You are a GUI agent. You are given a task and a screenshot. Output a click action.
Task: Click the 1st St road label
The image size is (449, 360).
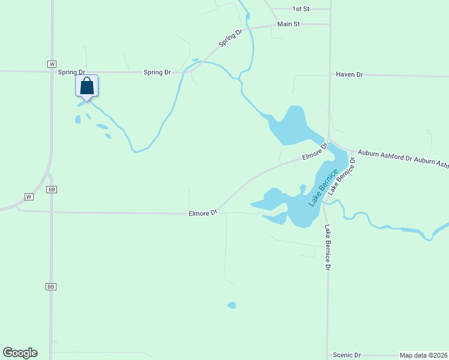300,9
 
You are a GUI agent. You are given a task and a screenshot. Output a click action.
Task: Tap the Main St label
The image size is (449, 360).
288,24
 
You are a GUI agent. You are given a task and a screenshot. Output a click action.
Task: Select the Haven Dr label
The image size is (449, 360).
349,74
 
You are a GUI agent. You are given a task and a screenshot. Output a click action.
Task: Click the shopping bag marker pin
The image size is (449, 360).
86,86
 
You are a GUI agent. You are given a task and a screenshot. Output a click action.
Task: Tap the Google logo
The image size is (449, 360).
20,353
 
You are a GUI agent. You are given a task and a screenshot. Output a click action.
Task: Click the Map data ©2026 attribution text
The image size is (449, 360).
423,355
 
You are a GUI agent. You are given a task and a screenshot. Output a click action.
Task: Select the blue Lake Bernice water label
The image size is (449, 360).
320,188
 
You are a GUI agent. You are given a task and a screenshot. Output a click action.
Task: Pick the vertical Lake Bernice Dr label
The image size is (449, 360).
328,247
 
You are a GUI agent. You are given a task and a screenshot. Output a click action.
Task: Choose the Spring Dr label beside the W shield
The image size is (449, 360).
72,72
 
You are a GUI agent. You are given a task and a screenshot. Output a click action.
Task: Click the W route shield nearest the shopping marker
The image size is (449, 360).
52,64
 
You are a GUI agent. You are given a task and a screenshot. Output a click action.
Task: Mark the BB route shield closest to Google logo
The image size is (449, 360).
50,287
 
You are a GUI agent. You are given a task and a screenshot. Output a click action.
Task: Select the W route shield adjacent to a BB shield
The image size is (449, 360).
28,197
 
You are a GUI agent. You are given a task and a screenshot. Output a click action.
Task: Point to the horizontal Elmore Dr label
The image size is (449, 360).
202,212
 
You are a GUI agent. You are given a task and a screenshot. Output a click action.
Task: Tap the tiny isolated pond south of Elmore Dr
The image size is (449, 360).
232,305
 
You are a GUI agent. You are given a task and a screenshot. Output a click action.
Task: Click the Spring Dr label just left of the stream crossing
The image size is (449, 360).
157,73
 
